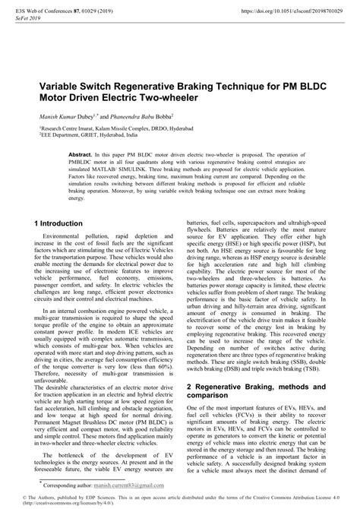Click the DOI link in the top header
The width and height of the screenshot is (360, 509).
[x=295, y=11]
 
